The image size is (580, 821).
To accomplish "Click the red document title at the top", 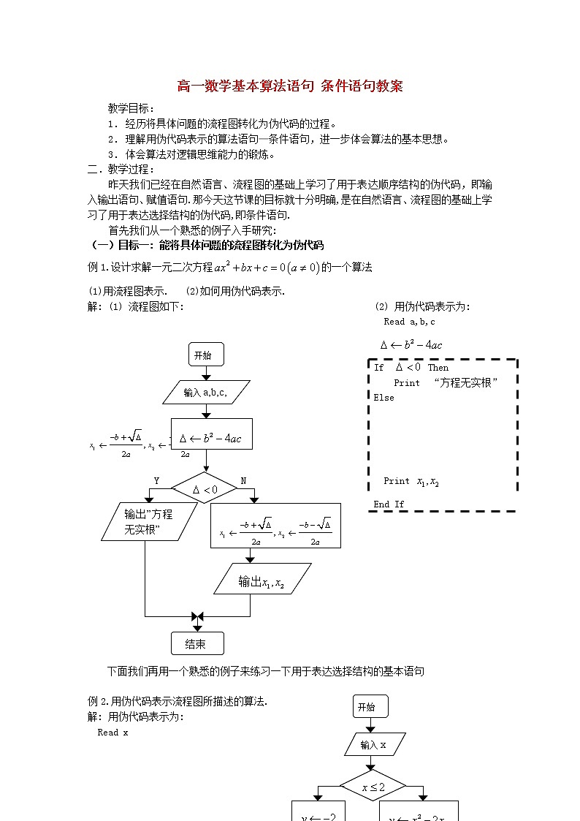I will pyautogui.click(x=290, y=86).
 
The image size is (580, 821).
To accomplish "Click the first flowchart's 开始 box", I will pyautogui.click(x=205, y=355).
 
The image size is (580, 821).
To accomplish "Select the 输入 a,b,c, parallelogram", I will pyautogui.click(x=205, y=393).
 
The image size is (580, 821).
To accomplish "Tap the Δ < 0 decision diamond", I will pyautogui.click(x=205, y=489).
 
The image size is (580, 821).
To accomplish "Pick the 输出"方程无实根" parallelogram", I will pyautogui.click(x=148, y=521).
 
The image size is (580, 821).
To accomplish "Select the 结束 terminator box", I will pyautogui.click(x=197, y=643).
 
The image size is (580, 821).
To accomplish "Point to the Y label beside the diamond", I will pyautogui.click(x=156, y=480).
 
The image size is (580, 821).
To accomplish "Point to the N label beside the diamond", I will pyautogui.click(x=243, y=480).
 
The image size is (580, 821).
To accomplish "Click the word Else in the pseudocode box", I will pyautogui.click(x=384, y=398).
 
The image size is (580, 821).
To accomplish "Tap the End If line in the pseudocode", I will pyautogui.click(x=389, y=504).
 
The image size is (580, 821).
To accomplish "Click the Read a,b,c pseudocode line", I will pyautogui.click(x=409, y=322).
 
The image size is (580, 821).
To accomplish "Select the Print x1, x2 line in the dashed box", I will pyautogui.click(x=411, y=482).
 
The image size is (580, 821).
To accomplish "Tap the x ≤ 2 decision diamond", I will pyautogui.click(x=373, y=787).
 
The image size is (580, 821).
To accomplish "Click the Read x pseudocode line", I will pyautogui.click(x=112, y=733).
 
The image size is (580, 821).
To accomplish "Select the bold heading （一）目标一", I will pyautogui.click(x=206, y=245).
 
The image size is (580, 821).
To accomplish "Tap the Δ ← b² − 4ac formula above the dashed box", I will pyautogui.click(x=411, y=345).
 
